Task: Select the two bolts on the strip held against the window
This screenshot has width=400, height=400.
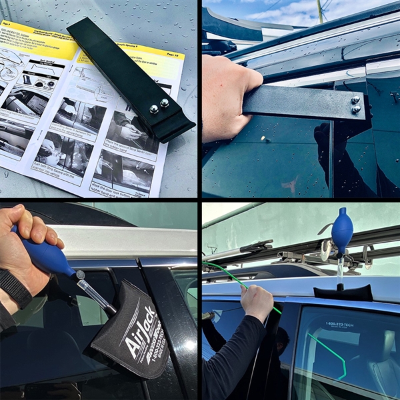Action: (356, 105)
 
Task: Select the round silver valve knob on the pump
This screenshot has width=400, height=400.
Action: (80, 274)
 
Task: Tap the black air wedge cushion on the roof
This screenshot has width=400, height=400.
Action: (343, 291)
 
